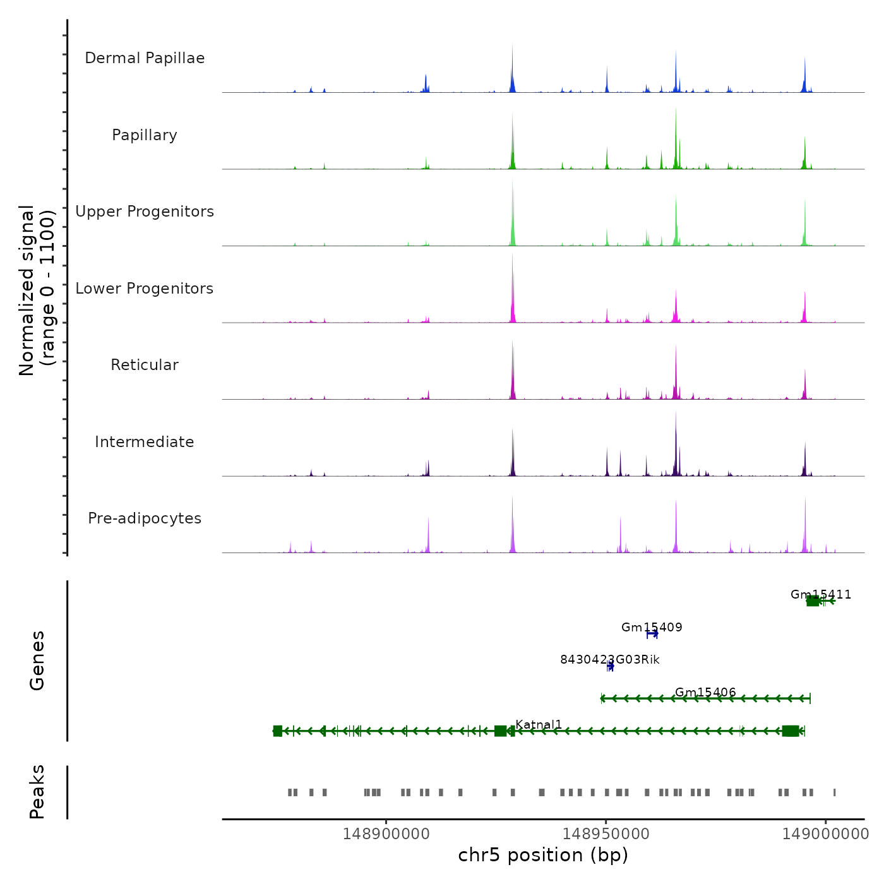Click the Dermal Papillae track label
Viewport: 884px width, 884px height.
click(x=145, y=58)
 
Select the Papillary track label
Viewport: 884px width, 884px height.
click(x=145, y=135)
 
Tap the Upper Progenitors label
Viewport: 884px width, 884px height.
click(x=145, y=212)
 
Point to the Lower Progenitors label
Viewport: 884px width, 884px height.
click(x=145, y=289)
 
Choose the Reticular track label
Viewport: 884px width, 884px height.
click(x=145, y=365)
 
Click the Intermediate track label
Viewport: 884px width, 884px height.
click(x=145, y=442)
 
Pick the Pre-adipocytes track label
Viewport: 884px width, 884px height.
click(x=145, y=518)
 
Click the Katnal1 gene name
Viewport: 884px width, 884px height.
click(x=539, y=724)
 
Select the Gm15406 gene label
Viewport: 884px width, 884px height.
click(x=705, y=692)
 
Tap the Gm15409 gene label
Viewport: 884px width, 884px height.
click(x=652, y=627)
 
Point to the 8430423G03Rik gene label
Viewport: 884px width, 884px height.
click(x=610, y=659)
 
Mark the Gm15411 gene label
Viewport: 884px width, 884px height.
click(x=821, y=594)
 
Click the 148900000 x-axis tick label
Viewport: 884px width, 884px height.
click(x=386, y=834)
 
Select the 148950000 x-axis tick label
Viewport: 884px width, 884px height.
click(x=606, y=834)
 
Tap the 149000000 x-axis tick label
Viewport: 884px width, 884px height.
click(x=825, y=834)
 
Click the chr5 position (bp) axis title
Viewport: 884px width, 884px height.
click(x=543, y=855)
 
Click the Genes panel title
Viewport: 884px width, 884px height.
click(x=37, y=660)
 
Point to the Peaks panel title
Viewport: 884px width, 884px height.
click(x=37, y=792)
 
